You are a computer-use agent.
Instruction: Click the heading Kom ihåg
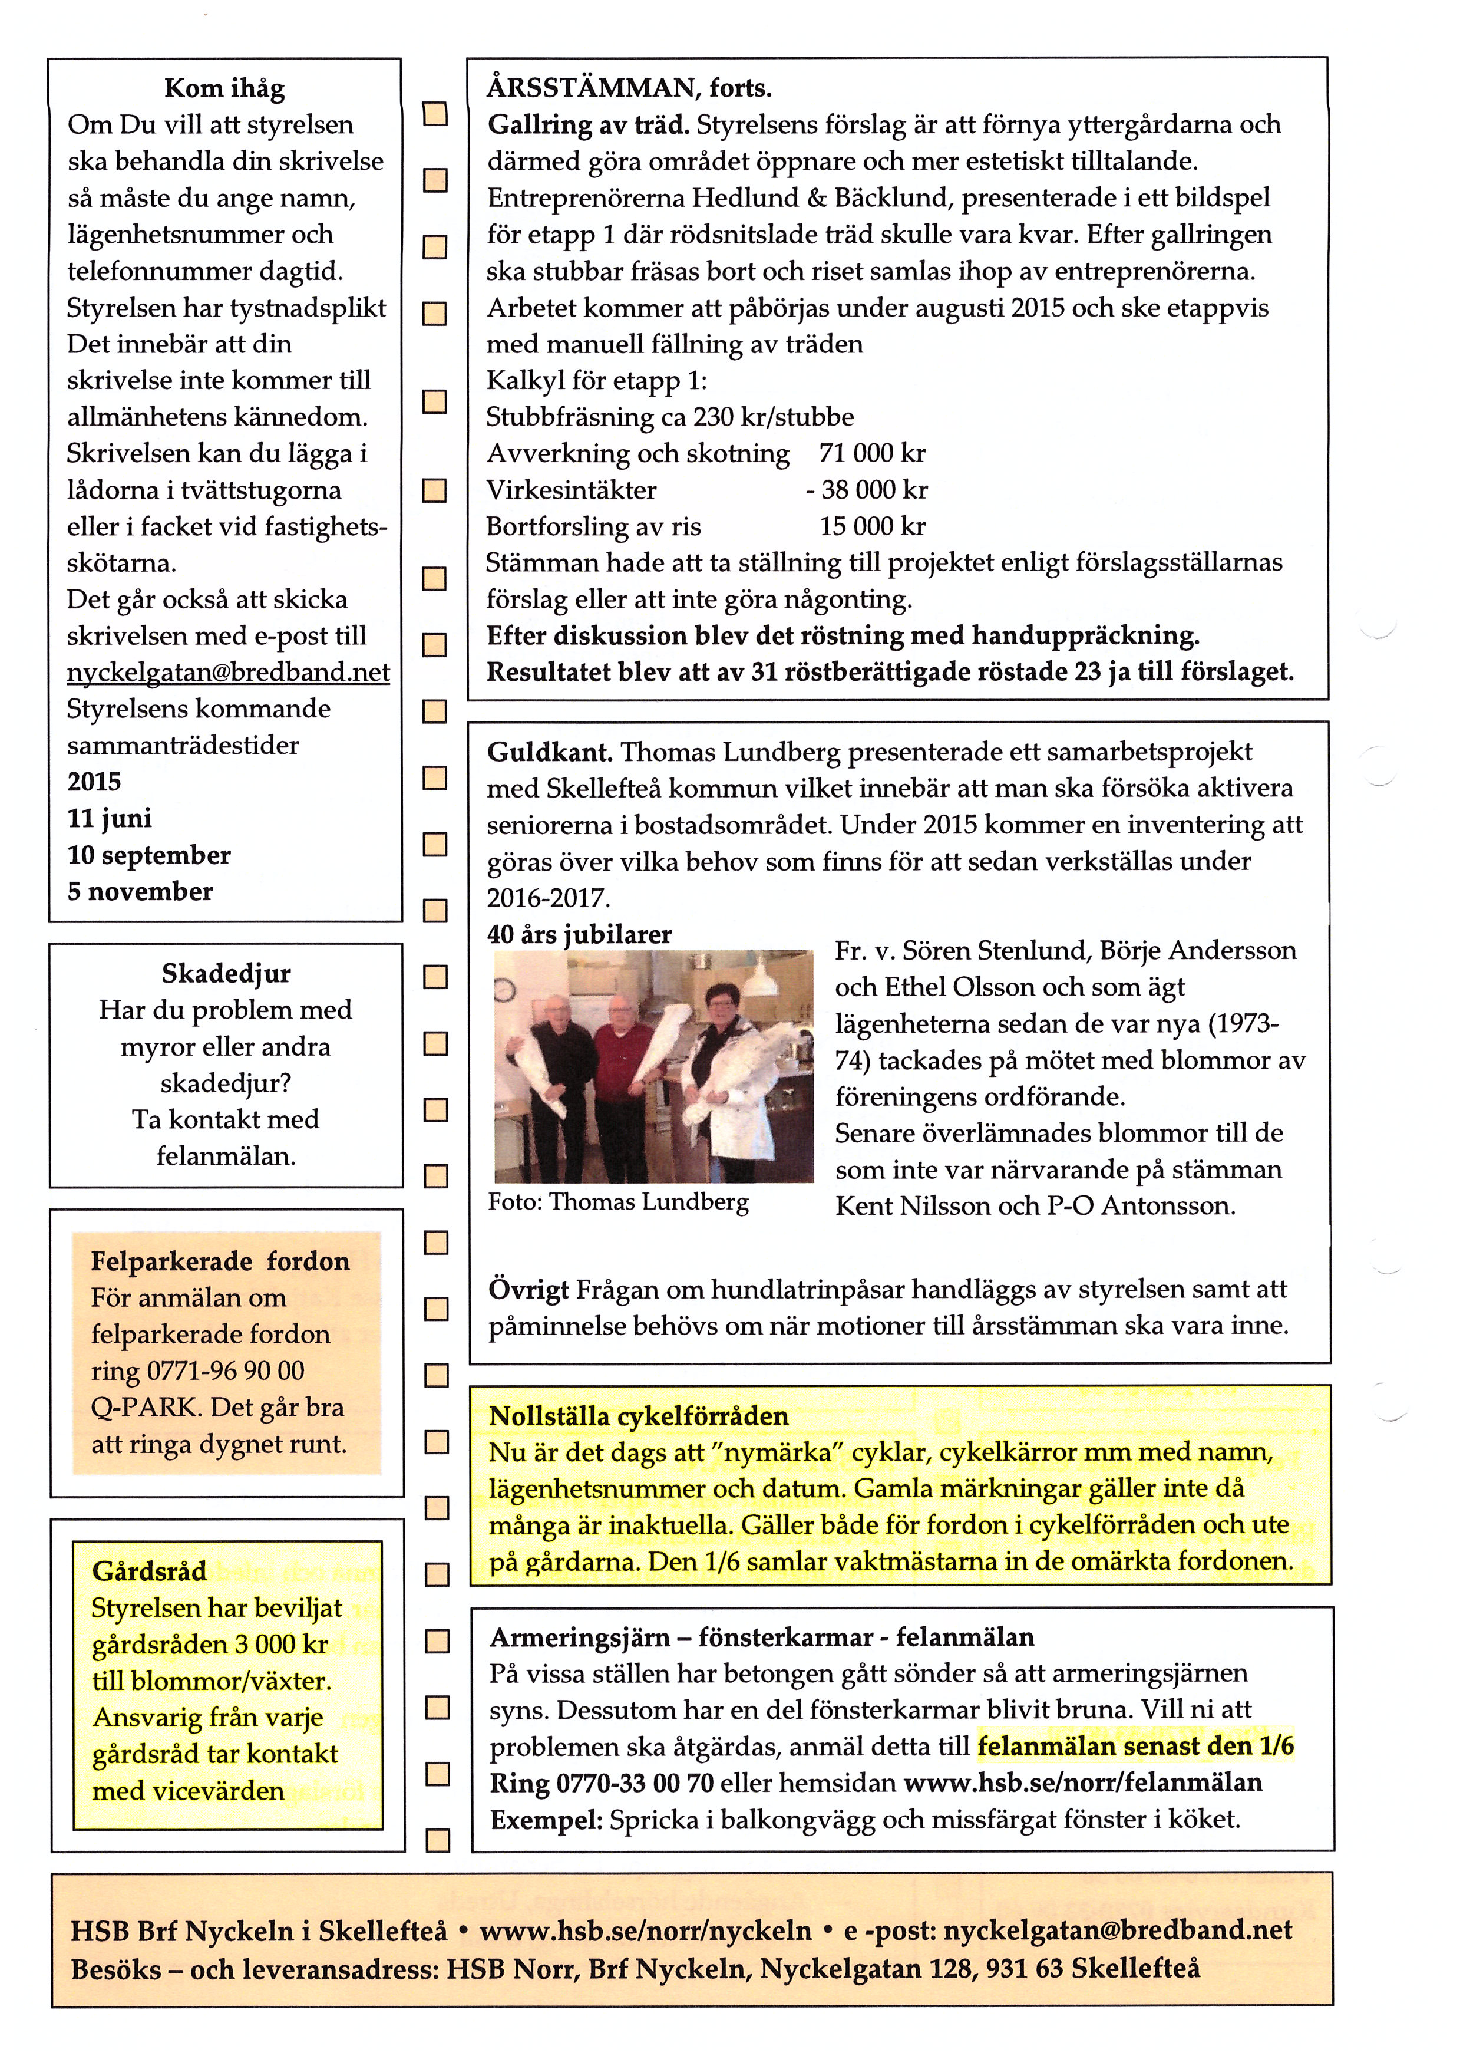click(x=224, y=88)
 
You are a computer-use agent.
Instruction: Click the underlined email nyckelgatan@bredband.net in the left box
click(x=229, y=673)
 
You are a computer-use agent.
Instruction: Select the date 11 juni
click(x=110, y=818)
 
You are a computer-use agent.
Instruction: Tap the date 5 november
click(x=140, y=891)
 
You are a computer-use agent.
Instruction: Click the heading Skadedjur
click(x=226, y=973)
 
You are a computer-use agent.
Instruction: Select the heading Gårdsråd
click(x=149, y=1571)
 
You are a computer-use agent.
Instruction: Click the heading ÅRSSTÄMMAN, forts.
click(x=629, y=88)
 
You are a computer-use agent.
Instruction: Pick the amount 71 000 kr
click(x=871, y=453)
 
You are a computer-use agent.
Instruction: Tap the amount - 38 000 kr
click(x=867, y=490)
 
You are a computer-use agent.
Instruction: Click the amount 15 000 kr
click(x=871, y=526)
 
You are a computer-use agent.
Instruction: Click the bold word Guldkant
click(x=549, y=752)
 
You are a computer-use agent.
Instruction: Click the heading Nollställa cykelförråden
click(x=638, y=1416)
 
